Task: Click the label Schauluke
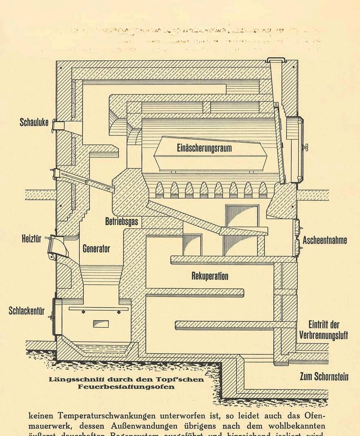[34, 122]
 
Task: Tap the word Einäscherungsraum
[204, 148]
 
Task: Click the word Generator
[96, 248]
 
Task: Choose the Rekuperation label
[210, 276]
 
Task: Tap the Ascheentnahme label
[325, 240]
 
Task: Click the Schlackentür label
[27, 311]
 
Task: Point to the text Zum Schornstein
[324, 376]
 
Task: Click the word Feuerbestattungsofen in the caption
[126, 386]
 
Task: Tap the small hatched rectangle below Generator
[101, 324]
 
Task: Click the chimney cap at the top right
[276, 60]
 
